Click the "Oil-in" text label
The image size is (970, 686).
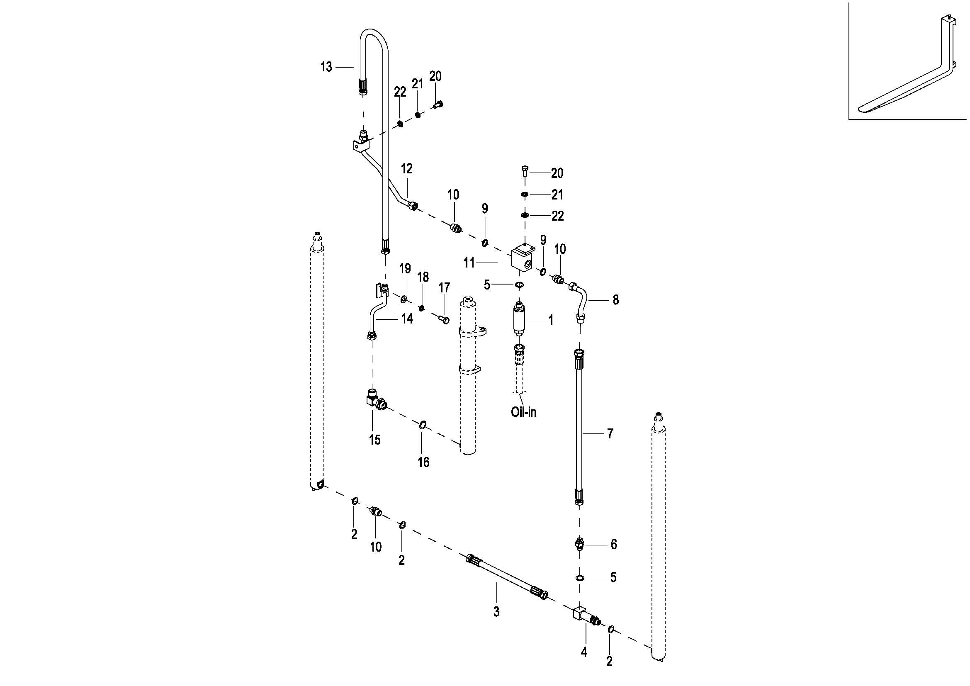pos(523,412)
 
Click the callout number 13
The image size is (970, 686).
pos(326,67)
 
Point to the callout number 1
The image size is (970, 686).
pos(551,320)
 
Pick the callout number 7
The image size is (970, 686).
pos(610,433)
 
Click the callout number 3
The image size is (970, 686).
pos(496,611)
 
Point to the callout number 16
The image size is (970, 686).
pos(423,462)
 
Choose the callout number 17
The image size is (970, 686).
pos(444,288)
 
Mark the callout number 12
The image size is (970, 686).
pos(406,168)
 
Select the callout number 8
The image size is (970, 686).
pos(615,300)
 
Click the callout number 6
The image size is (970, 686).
pos(614,544)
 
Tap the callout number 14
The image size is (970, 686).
pos(407,319)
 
